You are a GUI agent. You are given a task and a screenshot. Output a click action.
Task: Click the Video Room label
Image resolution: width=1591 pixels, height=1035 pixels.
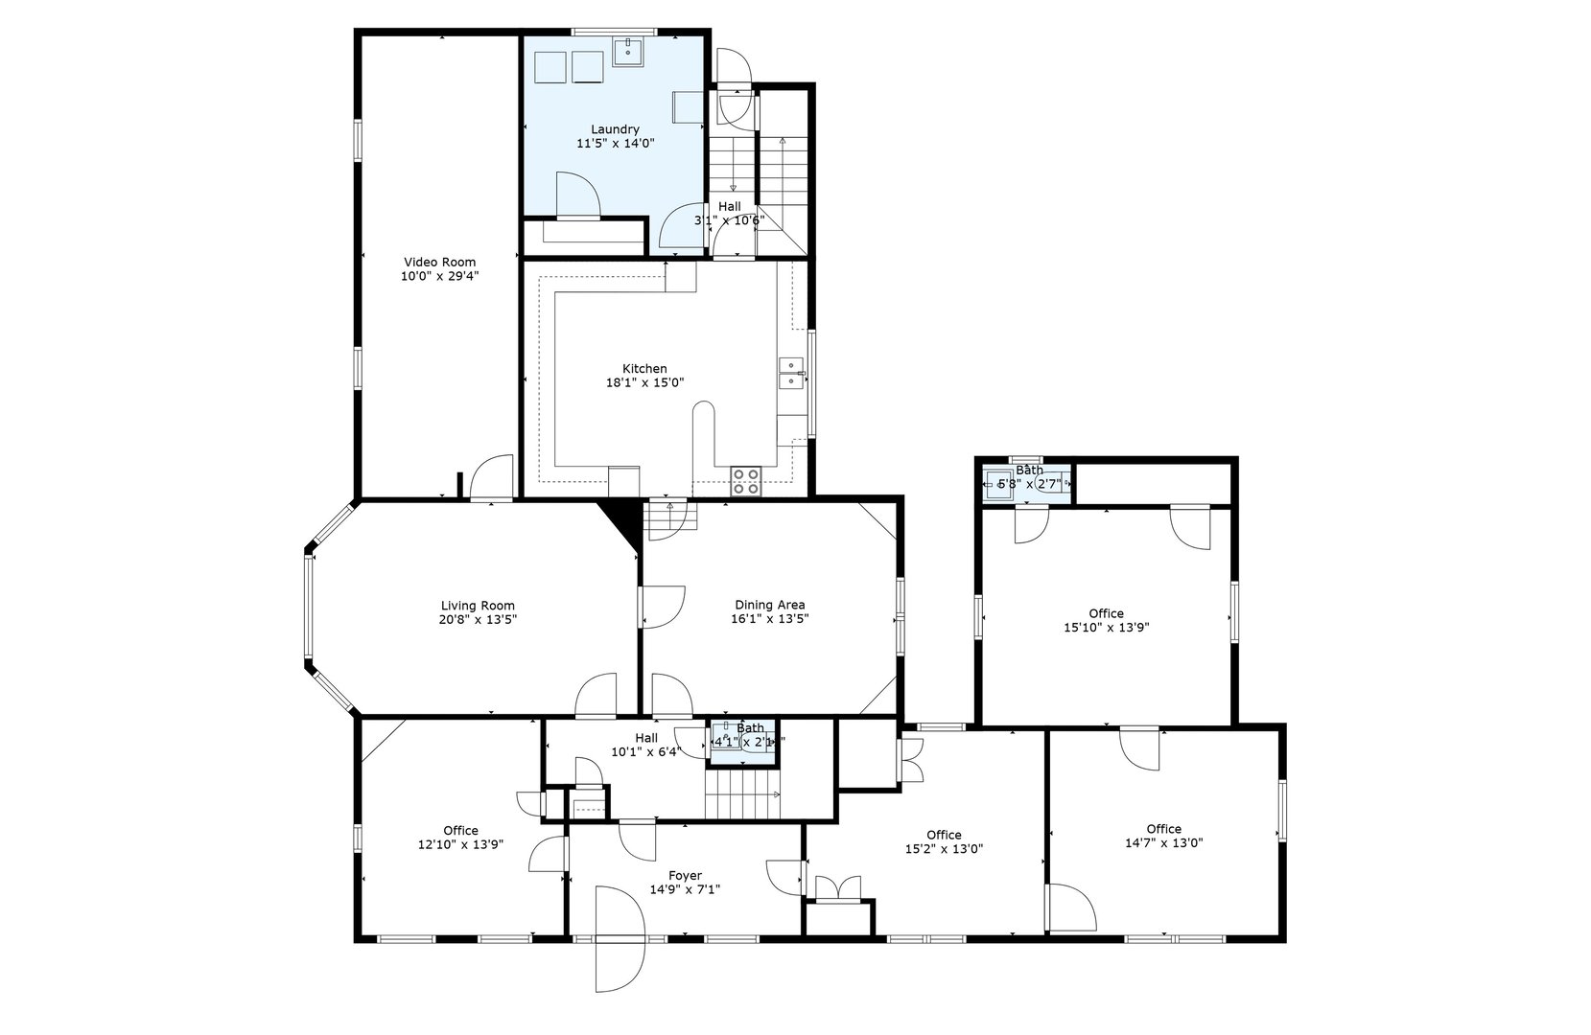tap(439, 262)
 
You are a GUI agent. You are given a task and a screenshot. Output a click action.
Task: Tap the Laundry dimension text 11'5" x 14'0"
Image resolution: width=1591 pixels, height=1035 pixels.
tap(615, 144)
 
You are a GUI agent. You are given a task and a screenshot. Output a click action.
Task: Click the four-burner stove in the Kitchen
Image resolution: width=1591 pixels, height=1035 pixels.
tap(746, 481)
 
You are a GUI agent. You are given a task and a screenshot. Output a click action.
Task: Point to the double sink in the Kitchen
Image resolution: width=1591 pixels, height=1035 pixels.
tap(790, 373)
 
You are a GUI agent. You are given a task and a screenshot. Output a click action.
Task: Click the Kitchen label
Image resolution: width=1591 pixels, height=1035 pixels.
tap(644, 369)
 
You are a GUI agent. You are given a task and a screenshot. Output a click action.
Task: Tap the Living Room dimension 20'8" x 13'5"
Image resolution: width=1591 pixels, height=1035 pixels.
tap(478, 619)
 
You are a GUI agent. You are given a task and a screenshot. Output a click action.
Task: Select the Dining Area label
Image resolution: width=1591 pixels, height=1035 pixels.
tap(769, 605)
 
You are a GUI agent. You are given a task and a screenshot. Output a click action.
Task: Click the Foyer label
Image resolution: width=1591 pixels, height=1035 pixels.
tap(685, 875)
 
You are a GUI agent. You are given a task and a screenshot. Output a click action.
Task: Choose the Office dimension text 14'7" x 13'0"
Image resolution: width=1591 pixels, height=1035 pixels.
tap(1163, 843)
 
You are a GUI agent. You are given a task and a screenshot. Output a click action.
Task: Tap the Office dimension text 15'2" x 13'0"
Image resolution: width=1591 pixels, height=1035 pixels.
tap(944, 848)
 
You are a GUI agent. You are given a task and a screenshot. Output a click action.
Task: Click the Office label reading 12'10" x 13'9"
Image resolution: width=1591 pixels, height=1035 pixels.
tap(460, 831)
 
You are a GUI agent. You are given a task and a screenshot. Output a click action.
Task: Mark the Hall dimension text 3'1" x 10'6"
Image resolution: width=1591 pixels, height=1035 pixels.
tap(729, 220)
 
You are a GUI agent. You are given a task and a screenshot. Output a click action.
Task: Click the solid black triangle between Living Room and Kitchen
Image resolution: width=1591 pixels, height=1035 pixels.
tap(621, 523)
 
